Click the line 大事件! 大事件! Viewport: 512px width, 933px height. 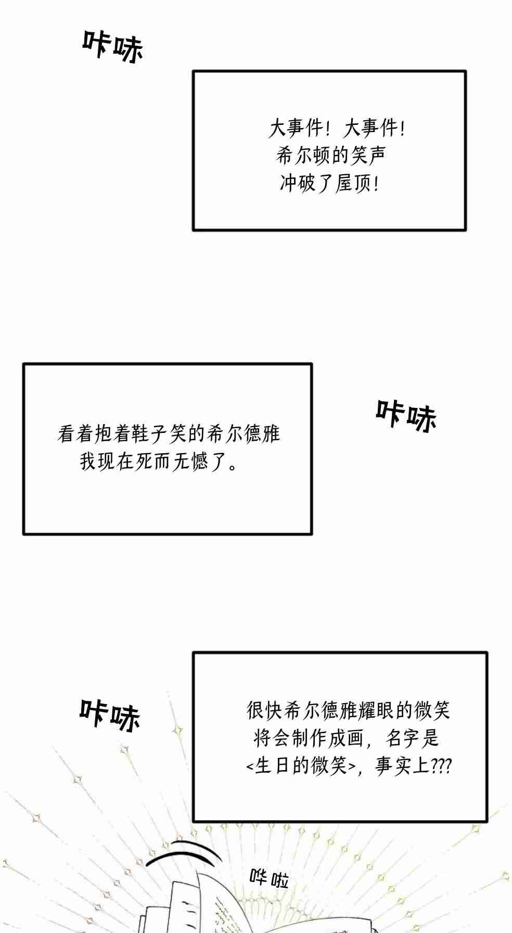pos(337,128)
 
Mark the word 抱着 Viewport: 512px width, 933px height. pos(112,434)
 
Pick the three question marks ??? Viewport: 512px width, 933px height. pos(441,765)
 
